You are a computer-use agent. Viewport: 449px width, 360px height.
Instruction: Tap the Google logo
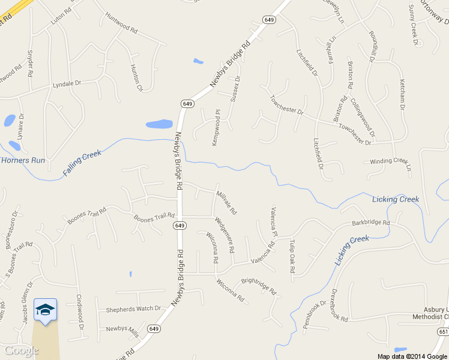[x=22, y=350]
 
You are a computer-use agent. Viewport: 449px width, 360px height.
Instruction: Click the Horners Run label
[x=23, y=160]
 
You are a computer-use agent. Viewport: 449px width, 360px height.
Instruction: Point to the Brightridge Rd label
[x=259, y=285]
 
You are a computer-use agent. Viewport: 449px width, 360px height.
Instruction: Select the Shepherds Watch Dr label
[x=133, y=310]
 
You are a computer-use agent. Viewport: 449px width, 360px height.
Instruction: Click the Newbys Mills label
[x=122, y=329]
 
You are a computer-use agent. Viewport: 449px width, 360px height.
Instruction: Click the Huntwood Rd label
[x=121, y=23]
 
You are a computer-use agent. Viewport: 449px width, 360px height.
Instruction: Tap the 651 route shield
[x=443, y=332]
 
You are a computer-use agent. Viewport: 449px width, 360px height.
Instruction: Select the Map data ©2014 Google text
[x=412, y=356]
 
